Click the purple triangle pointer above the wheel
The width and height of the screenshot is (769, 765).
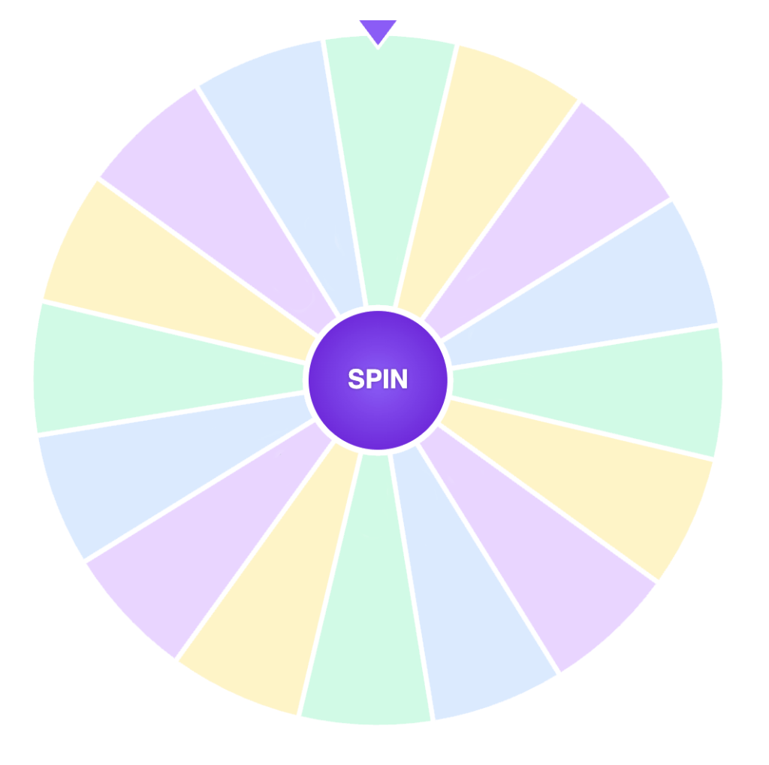(x=378, y=31)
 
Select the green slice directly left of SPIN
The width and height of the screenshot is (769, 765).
(x=150, y=368)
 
